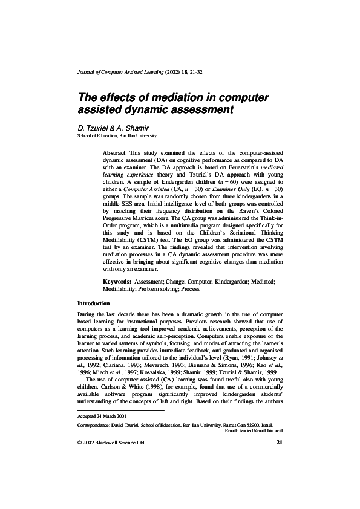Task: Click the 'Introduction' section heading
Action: click(x=94, y=302)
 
